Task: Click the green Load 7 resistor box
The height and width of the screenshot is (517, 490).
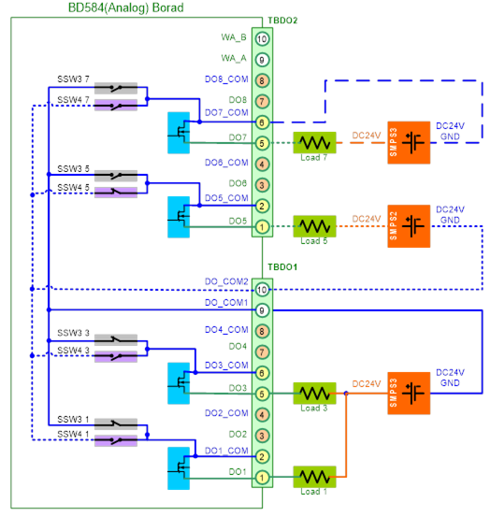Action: coord(314,142)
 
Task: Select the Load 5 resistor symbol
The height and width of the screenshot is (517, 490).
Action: coord(314,226)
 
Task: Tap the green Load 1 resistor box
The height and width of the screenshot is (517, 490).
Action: coord(314,477)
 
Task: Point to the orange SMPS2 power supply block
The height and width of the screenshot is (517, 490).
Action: coord(409,226)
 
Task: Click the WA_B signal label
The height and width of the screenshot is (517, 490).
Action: coord(234,37)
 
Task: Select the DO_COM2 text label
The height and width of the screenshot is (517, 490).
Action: coord(226,281)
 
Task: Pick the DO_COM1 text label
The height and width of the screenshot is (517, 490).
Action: coord(226,302)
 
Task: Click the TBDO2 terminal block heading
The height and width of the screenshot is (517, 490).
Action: coord(282,21)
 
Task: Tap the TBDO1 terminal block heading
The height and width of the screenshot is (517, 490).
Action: coord(282,266)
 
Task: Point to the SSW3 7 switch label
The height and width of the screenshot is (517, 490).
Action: coord(73,79)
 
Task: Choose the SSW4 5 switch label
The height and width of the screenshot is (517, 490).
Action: coord(73,188)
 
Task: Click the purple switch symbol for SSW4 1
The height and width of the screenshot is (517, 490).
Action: coord(116,441)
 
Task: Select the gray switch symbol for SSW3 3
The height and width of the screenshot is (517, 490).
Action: coord(116,339)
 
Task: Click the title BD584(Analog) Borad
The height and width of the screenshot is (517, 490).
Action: coord(125,7)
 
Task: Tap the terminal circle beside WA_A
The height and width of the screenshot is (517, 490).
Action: coord(262,60)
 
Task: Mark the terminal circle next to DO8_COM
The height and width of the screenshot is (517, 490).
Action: coord(262,80)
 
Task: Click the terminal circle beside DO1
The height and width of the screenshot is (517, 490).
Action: coord(262,478)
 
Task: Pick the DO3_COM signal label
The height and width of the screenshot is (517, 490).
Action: coord(226,366)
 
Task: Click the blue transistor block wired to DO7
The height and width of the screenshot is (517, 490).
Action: coord(179,133)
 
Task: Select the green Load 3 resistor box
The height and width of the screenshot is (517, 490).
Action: coord(314,393)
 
